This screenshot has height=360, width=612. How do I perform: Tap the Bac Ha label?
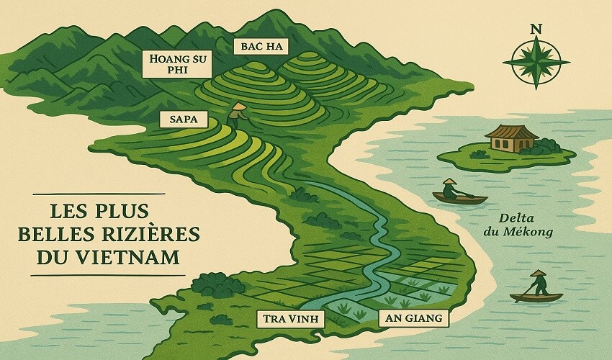tap(260, 48)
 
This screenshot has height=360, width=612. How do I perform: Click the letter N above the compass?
tap(535, 30)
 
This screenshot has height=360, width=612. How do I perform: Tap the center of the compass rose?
tap(535, 63)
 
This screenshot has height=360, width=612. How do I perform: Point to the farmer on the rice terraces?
tap(237, 115)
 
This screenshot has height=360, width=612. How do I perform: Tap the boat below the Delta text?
tap(536, 296)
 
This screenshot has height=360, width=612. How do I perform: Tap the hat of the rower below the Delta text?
tap(538, 273)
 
